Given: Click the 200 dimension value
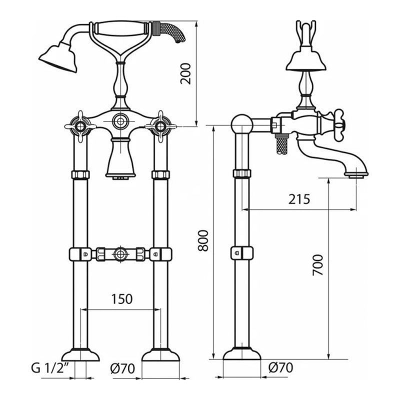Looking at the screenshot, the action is pos(185,73).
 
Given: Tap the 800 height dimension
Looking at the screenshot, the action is pos(203,240).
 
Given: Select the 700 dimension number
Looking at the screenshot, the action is pos(318,265).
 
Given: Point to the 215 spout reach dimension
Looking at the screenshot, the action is pos(299,199).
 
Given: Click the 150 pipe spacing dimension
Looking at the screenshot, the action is pos(122,299).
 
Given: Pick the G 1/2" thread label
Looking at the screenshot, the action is pos(50,368).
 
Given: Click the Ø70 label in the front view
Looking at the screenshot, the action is pos(122,368).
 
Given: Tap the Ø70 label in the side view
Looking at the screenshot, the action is pos(281,367).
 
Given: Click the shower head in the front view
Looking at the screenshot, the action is pos(58,57).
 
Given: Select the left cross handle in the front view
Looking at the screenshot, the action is pos(80,126).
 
